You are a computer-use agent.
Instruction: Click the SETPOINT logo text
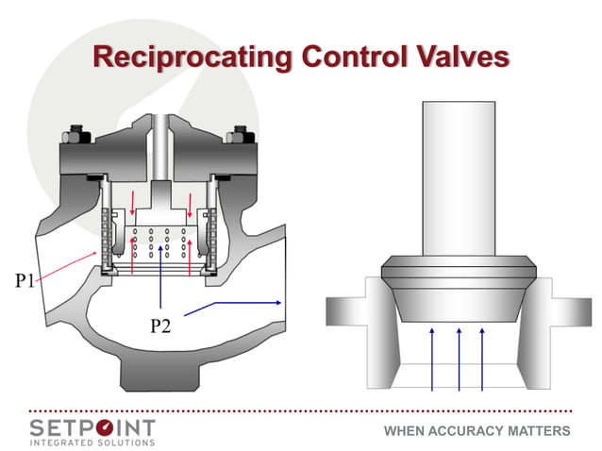92,426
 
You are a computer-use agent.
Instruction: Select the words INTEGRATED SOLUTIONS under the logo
92,443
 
